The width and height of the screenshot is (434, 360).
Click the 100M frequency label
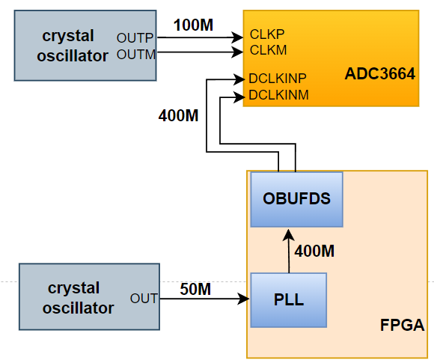(193, 25)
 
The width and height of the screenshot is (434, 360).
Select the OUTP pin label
(135, 38)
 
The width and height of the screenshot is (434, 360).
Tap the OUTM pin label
(136, 55)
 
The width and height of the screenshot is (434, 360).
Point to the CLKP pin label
(267, 34)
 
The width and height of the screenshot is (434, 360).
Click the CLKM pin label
(268, 50)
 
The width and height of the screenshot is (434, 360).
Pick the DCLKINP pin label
(278, 79)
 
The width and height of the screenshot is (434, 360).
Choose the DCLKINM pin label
(278, 95)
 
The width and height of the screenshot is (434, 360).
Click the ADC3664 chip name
(380, 73)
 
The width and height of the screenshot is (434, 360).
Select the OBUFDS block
(297, 199)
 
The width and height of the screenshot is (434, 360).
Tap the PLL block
(289, 300)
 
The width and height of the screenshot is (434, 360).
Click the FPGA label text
(402, 325)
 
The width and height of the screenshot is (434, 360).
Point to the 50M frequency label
(195, 289)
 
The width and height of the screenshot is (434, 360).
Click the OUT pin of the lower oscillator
(144, 299)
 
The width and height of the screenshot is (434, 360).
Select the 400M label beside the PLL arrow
(314, 251)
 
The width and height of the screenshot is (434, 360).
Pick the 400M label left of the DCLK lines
(178, 115)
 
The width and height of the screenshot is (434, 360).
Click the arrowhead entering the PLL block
(244, 299)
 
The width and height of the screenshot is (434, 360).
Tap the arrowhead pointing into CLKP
(237, 37)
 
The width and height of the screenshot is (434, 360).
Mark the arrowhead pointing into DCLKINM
(239, 97)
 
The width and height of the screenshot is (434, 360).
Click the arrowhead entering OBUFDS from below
(288, 235)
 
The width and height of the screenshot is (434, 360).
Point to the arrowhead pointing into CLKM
(237, 52)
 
